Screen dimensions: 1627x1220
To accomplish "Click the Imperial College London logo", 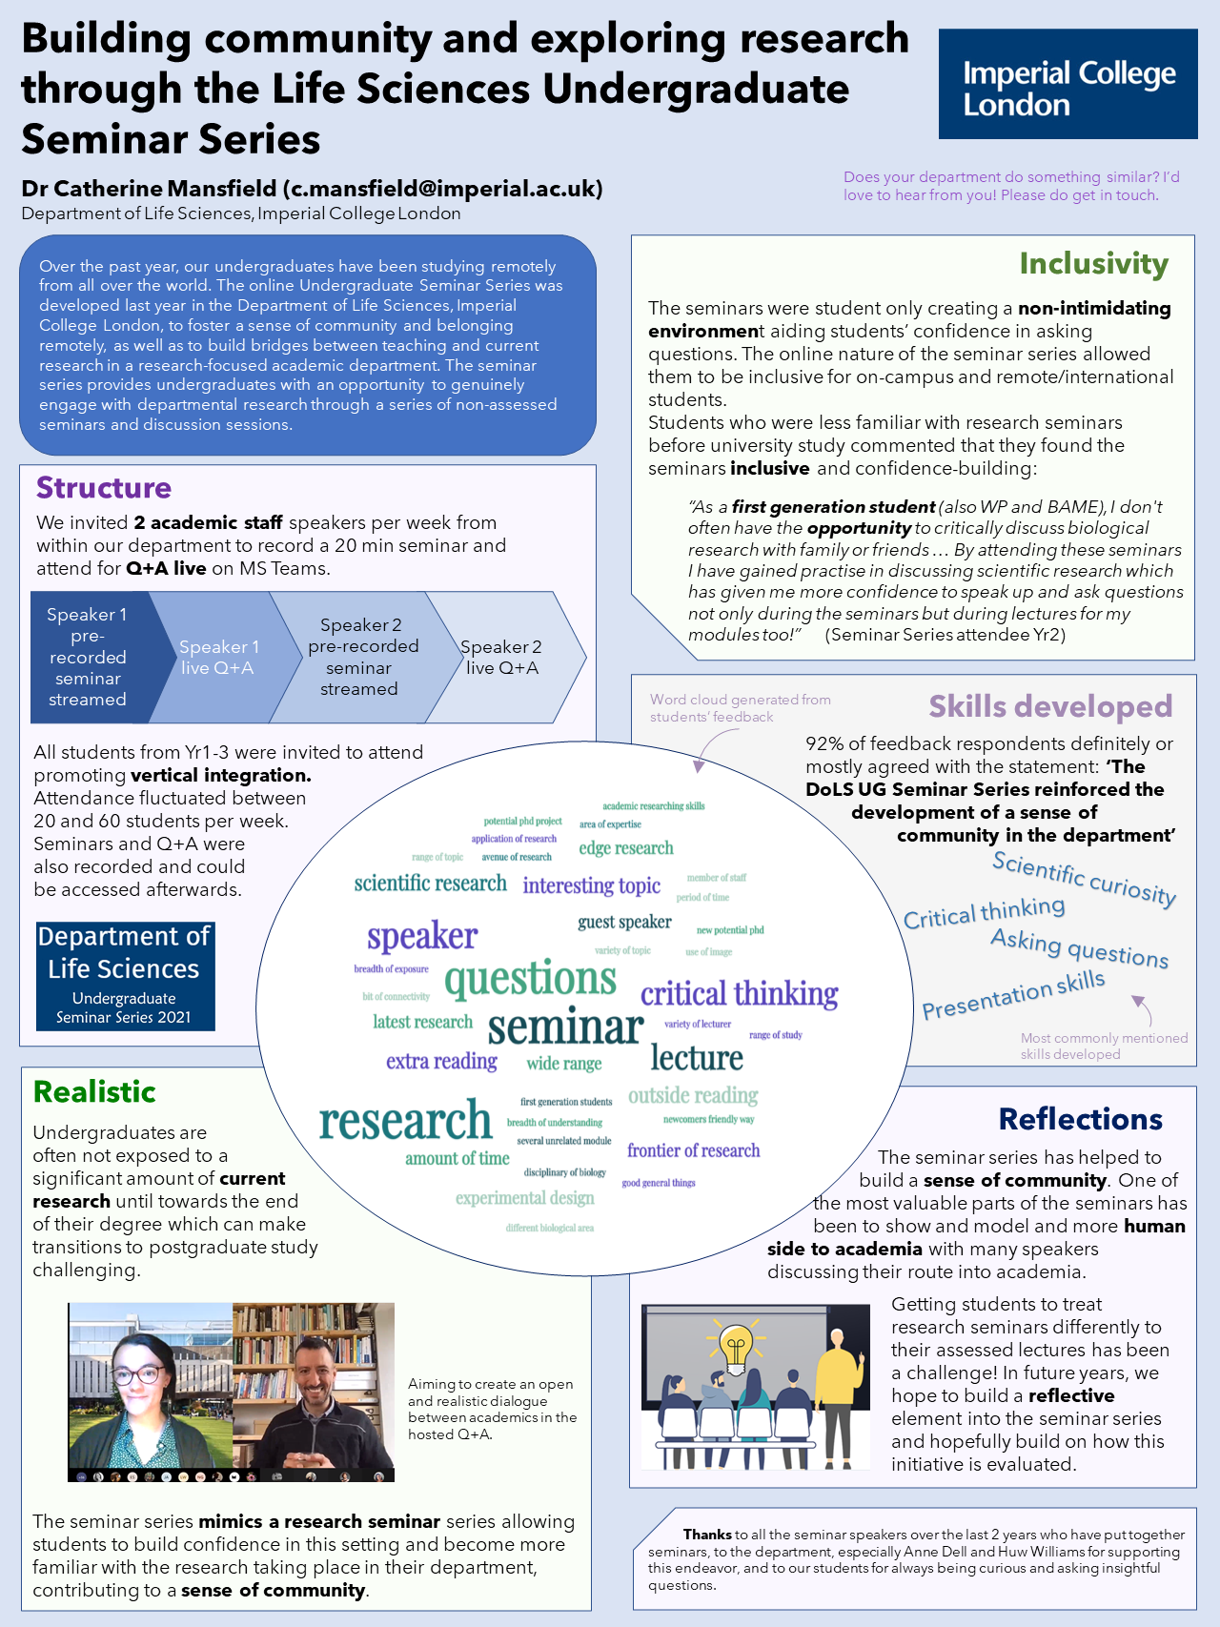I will click(x=1067, y=84).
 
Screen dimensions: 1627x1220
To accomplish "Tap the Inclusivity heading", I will click(x=1093, y=264).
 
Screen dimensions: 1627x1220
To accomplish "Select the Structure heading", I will click(x=104, y=488).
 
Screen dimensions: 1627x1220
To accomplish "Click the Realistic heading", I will click(x=94, y=1092).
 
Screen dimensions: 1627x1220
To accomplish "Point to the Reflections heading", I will click(x=1080, y=1119).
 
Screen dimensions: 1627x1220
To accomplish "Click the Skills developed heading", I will click(x=1050, y=706).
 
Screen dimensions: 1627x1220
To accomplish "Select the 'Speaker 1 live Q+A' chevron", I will click(x=218, y=657).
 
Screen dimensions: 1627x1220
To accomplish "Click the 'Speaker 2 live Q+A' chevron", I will click(x=502, y=657).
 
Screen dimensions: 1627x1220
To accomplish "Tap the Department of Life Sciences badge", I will click(x=125, y=975).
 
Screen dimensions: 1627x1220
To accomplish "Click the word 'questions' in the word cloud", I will click(x=530, y=979).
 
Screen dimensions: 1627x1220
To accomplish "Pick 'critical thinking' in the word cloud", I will click(x=739, y=994).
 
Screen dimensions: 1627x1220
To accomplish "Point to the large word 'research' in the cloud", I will click(x=405, y=1121).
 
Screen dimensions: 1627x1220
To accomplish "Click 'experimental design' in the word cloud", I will click(x=524, y=1198).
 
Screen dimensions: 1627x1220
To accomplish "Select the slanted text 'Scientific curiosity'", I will click(x=1084, y=878).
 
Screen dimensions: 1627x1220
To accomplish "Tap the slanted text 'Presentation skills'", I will click(x=1013, y=995).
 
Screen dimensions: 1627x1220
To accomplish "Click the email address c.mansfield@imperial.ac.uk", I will click(x=443, y=189).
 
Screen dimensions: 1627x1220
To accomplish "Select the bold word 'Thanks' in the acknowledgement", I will click(x=707, y=1535).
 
